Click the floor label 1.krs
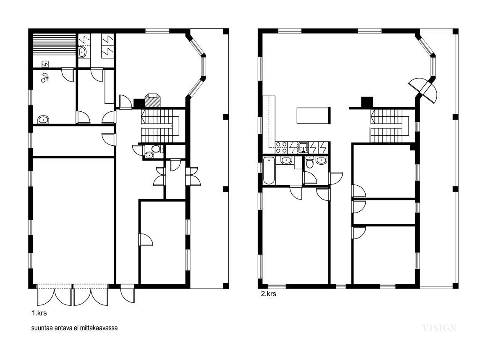39,313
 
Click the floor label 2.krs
268,294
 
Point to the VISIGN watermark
439,328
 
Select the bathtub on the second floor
269,171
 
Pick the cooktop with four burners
281,147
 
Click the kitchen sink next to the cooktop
303,147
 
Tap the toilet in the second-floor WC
310,162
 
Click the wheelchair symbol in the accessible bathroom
45,77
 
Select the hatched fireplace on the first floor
152,100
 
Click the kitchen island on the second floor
314,116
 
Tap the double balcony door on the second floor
423,89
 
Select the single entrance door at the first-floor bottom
128,293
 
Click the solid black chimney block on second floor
367,102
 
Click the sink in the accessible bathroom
44,119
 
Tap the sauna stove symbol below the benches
45,64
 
